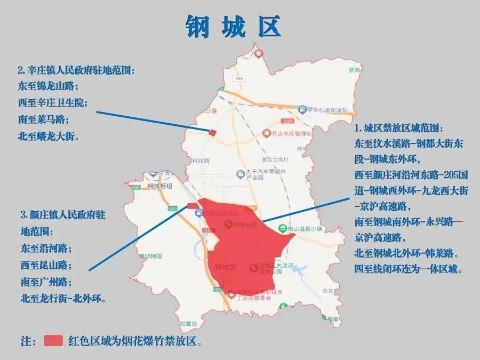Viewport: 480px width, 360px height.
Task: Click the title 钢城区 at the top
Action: (233, 26)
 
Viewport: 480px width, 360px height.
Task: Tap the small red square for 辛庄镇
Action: (212, 132)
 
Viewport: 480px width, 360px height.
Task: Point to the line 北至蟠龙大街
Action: (48, 136)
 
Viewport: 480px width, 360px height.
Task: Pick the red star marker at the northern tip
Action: (259, 53)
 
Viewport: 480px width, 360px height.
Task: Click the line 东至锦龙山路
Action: (48, 86)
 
